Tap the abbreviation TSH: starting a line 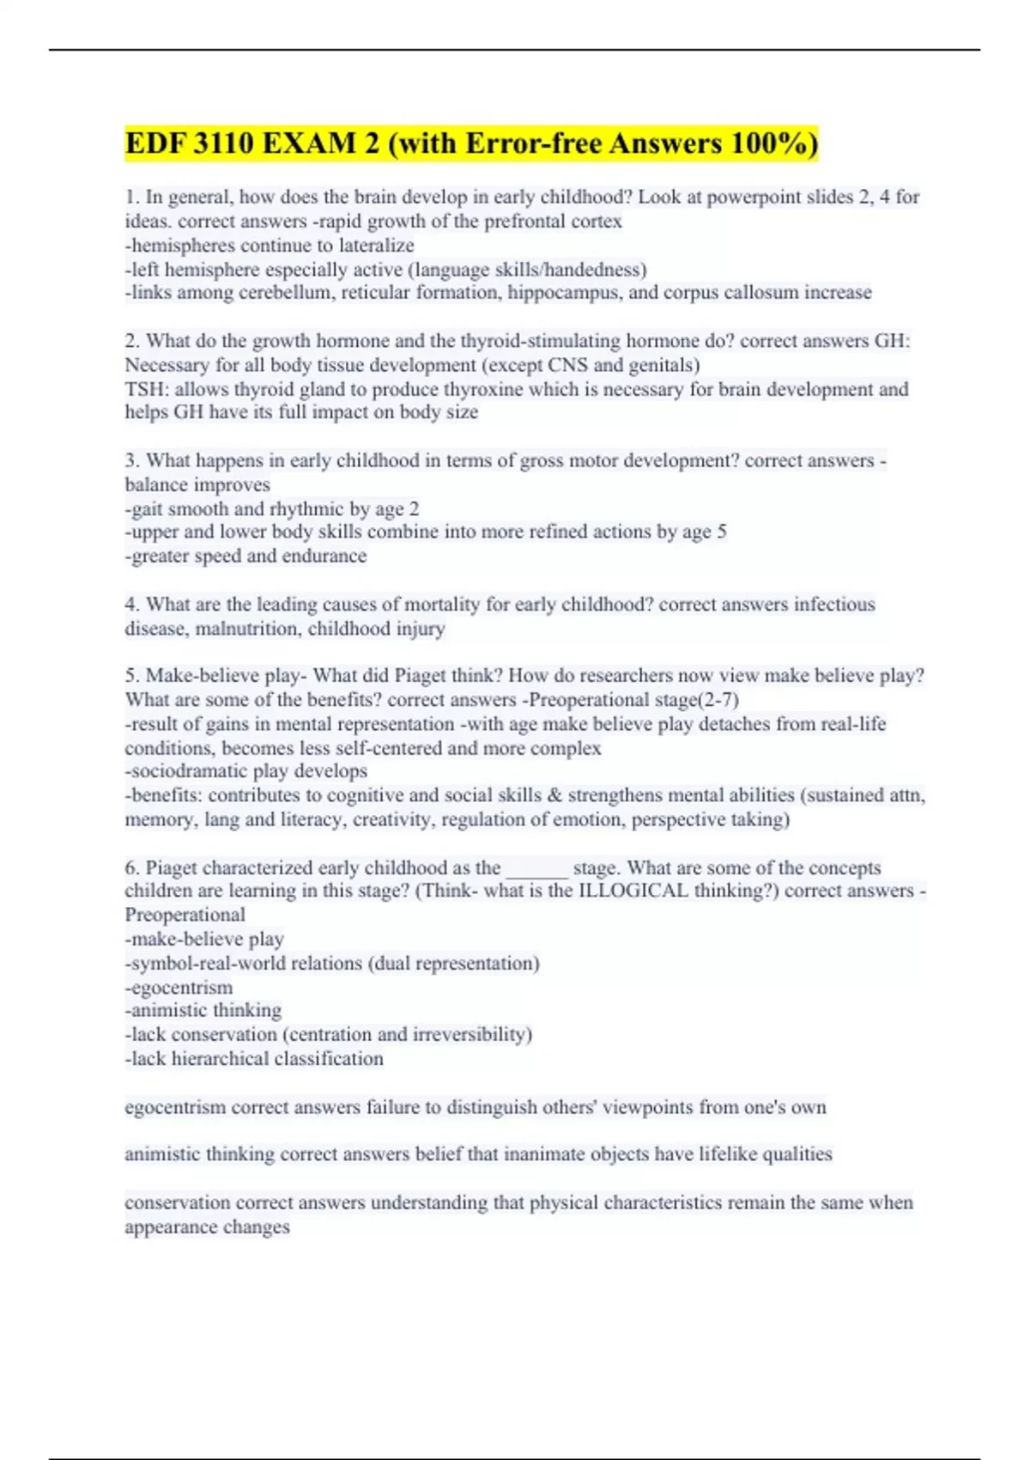(x=146, y=389)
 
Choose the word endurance (x=324, y=556)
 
